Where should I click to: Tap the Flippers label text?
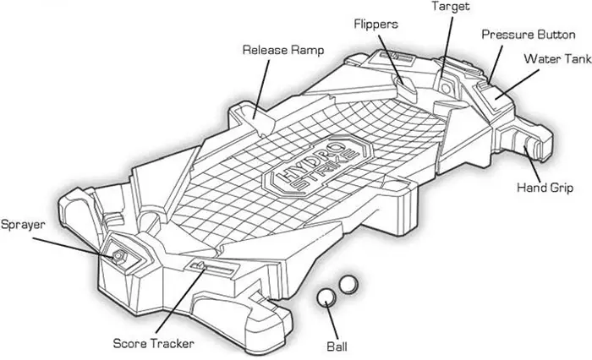point(375,23)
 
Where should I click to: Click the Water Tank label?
point(556,59)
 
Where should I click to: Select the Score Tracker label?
point(154,343)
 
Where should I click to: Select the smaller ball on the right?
point(347,284)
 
